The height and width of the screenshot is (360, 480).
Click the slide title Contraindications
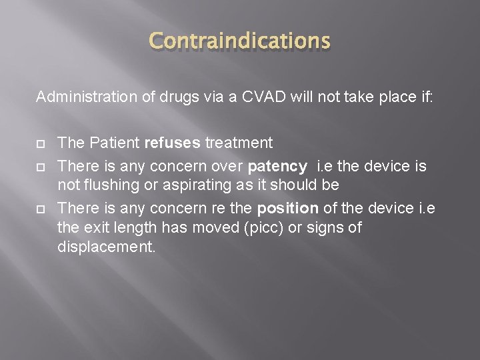click(239, 41)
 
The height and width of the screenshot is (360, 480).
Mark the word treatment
click(239, 143)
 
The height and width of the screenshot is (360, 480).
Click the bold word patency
click(277, 165)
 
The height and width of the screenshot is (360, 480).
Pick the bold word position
click(288, 208)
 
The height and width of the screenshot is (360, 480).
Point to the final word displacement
click(106, 247)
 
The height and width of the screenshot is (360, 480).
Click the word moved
click(218, 228)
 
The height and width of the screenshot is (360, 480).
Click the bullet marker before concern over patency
click(40, 165)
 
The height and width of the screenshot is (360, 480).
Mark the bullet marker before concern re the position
click(40, 209)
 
